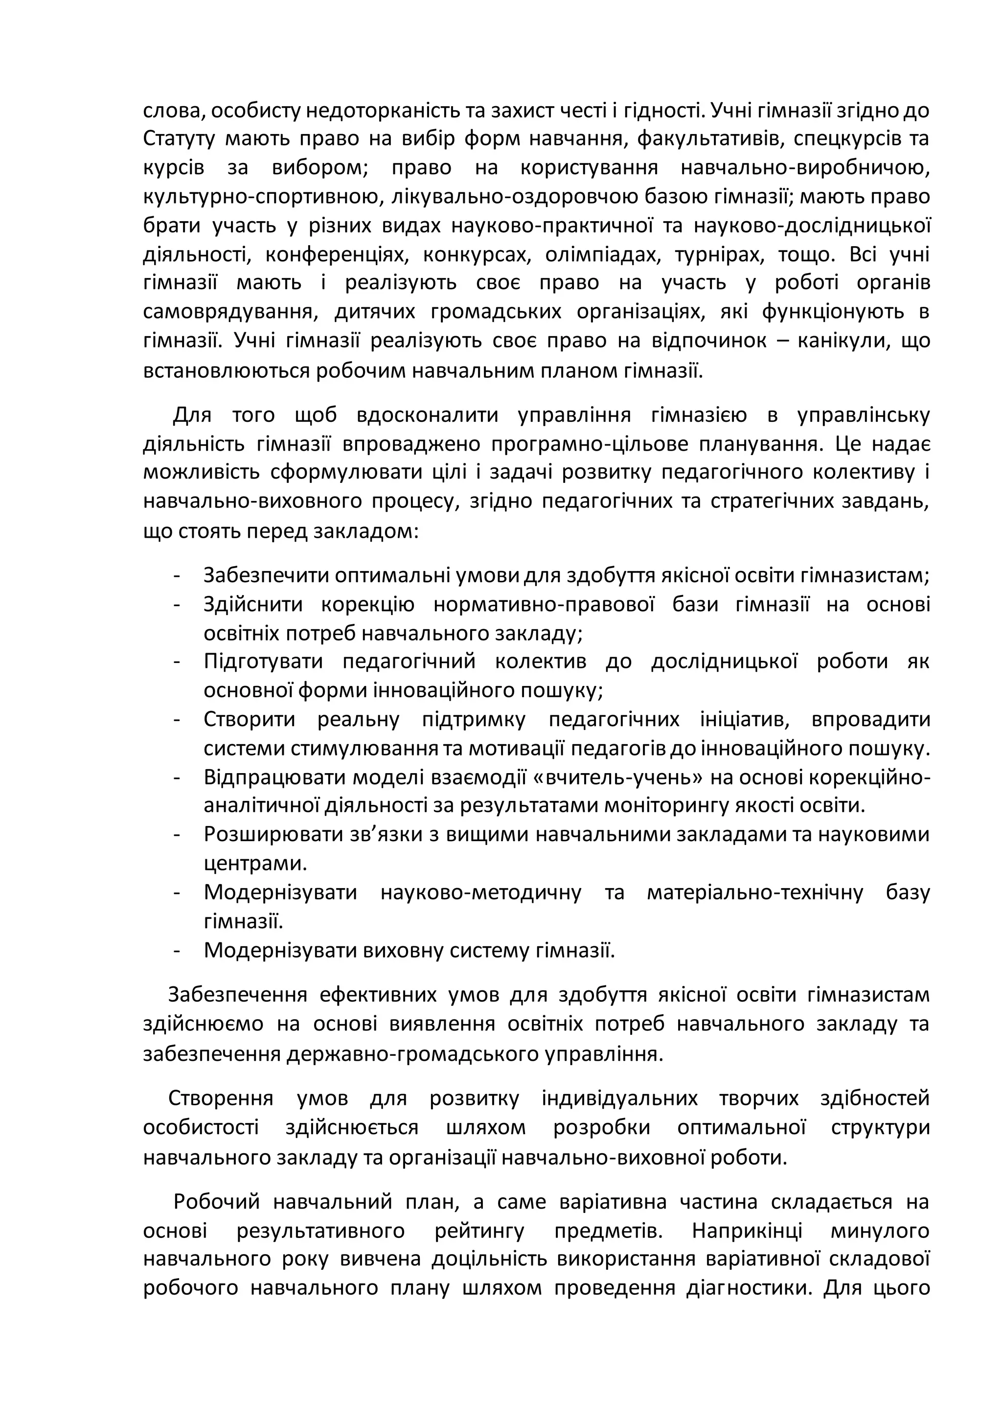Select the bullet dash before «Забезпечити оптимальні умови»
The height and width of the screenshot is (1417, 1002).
(x=177, y=576)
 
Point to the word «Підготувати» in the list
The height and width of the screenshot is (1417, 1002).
(x=263, y=662)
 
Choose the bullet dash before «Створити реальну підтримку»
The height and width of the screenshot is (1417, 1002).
(x=177, y=720)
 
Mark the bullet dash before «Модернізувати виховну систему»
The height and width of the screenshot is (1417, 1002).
(x=177, y=950)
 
